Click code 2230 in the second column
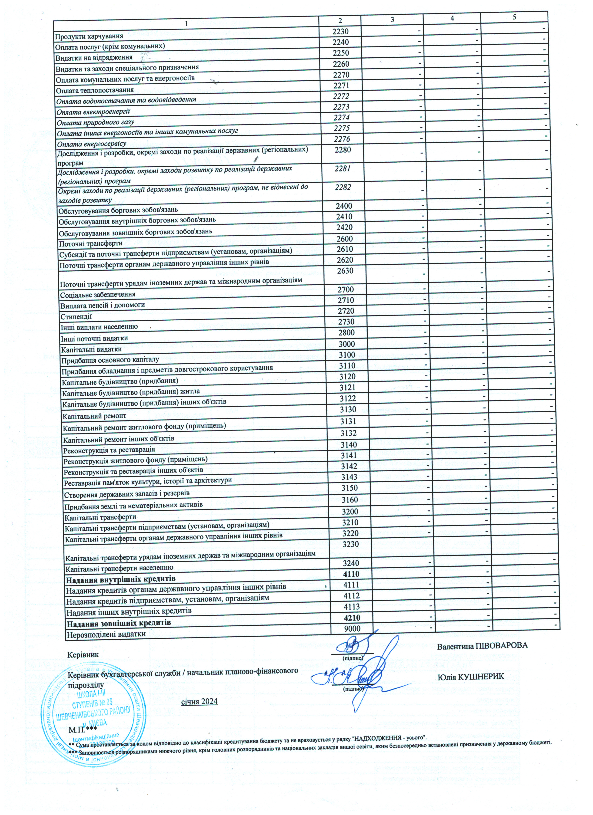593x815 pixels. coord(340,31)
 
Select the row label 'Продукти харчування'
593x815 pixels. coord(89,36)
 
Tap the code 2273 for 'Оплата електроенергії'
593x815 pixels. coord(341,107)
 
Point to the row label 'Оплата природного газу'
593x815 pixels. coord(95,122)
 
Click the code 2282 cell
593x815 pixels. coord(343,187)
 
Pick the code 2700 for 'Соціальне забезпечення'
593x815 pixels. coord(346,289)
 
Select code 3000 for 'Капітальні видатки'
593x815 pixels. coord(347,344)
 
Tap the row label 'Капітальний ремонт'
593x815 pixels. coord(94,416)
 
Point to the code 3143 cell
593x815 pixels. coord(349,477)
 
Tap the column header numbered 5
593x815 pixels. coord(514,17)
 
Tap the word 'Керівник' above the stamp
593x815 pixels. coord(83,654)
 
